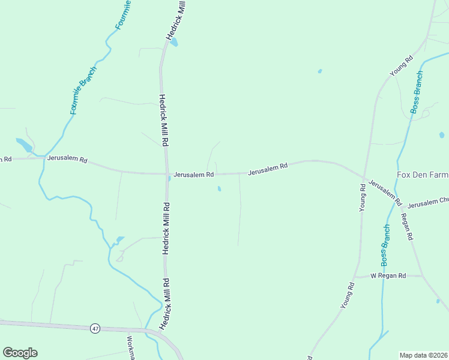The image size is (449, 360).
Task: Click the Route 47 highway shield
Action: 95,328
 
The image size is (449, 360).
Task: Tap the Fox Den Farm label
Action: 423,175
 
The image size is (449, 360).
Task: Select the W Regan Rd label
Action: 388,276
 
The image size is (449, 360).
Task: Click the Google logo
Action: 20,353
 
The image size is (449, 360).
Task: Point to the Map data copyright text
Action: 423,355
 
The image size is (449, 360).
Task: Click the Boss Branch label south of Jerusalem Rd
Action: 385,245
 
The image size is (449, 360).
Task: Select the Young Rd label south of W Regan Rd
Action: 348,296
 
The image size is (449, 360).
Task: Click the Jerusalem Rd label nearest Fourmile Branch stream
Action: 68,160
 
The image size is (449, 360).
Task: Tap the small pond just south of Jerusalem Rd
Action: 219,189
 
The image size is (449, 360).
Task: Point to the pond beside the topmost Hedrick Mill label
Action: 174,43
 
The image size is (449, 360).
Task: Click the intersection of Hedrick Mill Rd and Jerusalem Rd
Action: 167,175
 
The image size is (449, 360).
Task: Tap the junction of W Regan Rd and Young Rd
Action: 358,277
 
